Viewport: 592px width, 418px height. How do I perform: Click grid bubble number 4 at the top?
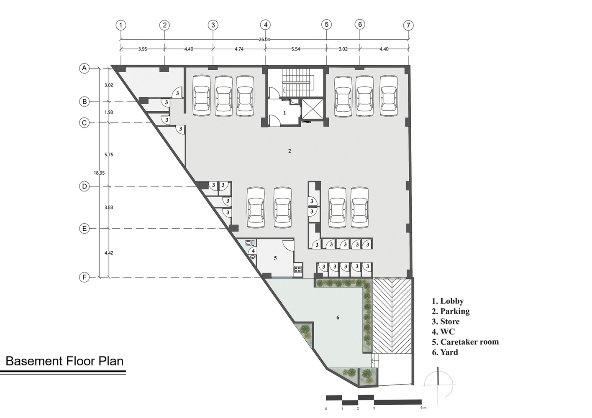coord(265,25)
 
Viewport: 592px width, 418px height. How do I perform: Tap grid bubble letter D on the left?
coord(85,186)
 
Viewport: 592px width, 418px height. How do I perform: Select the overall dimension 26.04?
coord(264,40)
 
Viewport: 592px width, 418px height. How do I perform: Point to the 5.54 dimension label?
coord(295,49)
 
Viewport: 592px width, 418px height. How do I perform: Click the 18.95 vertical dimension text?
coord(99,173)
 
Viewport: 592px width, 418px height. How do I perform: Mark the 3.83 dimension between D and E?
coord(109,207)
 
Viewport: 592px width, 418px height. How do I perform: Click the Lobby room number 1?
coord(284,113)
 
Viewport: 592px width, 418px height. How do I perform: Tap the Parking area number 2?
coord(290,151)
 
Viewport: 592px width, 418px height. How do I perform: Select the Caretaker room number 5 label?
coord(275,258)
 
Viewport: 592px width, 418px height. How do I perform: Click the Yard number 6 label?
coord(338,318)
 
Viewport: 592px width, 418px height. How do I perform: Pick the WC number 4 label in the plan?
coord(253,250)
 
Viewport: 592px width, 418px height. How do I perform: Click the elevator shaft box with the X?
coord(313,110)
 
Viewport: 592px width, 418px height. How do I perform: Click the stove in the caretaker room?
coord(297,269)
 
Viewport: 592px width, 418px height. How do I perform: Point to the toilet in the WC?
coord(249,242)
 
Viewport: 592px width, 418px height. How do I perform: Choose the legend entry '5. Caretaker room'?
coord(465,342)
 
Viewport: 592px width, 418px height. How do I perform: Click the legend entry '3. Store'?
coord(446,321)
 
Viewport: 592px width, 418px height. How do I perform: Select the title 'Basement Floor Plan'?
coord(64,361)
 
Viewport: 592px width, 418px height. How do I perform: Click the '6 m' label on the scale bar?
coord(423,408)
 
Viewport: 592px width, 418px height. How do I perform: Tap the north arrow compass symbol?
coord(438,385)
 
